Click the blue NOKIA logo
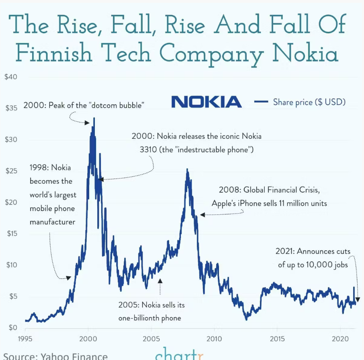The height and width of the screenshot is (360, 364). (x=206, y=102)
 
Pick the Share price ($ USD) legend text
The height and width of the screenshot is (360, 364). (x=309, y=102)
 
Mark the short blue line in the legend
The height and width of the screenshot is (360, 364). (x=261, y=102)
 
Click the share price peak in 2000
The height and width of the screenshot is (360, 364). (x=94, y=118)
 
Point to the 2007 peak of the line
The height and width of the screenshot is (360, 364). (x=187, y=169)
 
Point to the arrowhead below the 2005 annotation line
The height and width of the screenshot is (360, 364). (x=160, y=280)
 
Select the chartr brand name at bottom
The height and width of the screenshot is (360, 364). (x=179, y=355)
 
